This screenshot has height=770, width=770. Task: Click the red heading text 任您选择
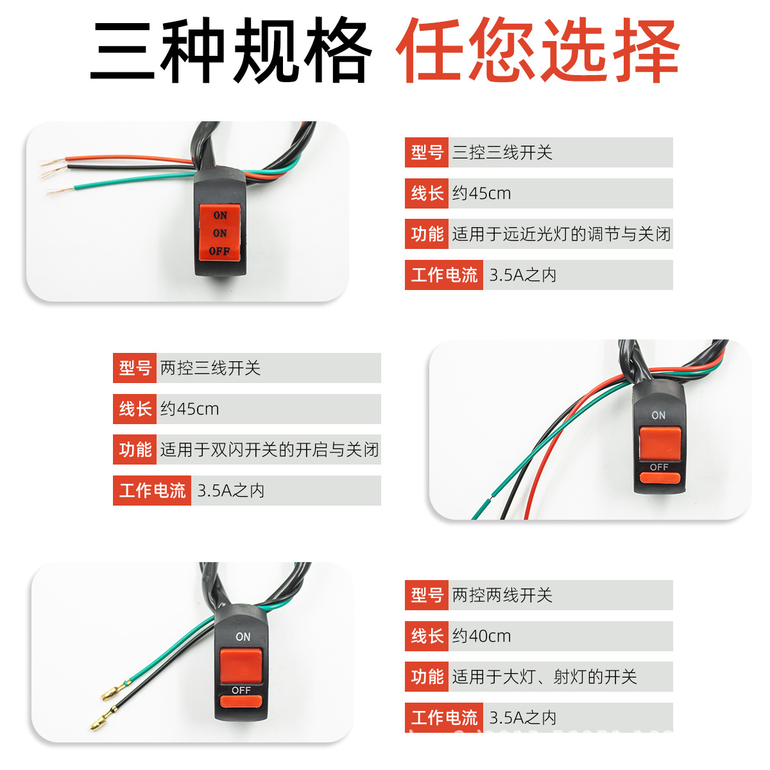click(x=538, y=50)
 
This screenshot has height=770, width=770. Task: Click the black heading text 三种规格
click(x=231, y=50)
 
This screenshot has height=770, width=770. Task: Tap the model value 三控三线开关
click(x=502, y=153)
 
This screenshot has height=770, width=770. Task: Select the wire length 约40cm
click(x=481, y=636)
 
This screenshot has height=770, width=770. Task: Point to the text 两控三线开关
click(x=210, y=368)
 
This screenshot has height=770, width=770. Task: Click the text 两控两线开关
click(x=502, y=595)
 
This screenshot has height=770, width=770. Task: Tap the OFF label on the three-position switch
click(x=219, y=251)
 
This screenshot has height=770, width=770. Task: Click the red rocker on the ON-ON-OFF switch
click(x=219, y=233)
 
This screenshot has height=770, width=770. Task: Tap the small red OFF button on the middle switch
click(x=659, y=477)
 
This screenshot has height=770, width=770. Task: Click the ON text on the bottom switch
click(x=243, y=637)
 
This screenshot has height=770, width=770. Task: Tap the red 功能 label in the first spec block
click(x=427, y=234)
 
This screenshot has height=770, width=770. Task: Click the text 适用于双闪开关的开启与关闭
click(x=269, y=450)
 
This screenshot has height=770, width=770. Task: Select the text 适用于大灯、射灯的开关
click(x=544, y=677)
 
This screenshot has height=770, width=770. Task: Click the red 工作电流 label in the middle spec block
click(x=152, y=491)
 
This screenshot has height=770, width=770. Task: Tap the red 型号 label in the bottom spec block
click(x=427, y=595)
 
